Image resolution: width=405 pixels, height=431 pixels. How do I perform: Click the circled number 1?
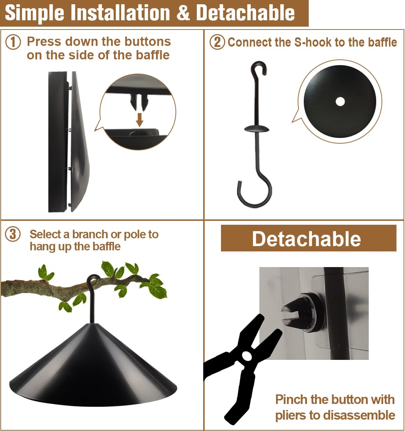[x=13, y=42]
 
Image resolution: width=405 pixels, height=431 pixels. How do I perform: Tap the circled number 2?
[x=217, y=42]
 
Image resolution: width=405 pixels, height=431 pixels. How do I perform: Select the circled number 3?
[x=13, y=234]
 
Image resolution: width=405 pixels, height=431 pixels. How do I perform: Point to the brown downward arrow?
[x=140, y=120]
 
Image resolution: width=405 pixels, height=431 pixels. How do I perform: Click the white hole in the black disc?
[x=340, y=102]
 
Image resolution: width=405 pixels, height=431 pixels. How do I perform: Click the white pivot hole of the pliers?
[x=247, y=356]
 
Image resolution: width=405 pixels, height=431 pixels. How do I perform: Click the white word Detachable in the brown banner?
[x=306, y=239]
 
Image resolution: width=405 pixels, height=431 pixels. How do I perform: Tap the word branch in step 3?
[x=90, y=234]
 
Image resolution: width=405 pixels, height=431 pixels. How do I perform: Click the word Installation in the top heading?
[x=120, y=13]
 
